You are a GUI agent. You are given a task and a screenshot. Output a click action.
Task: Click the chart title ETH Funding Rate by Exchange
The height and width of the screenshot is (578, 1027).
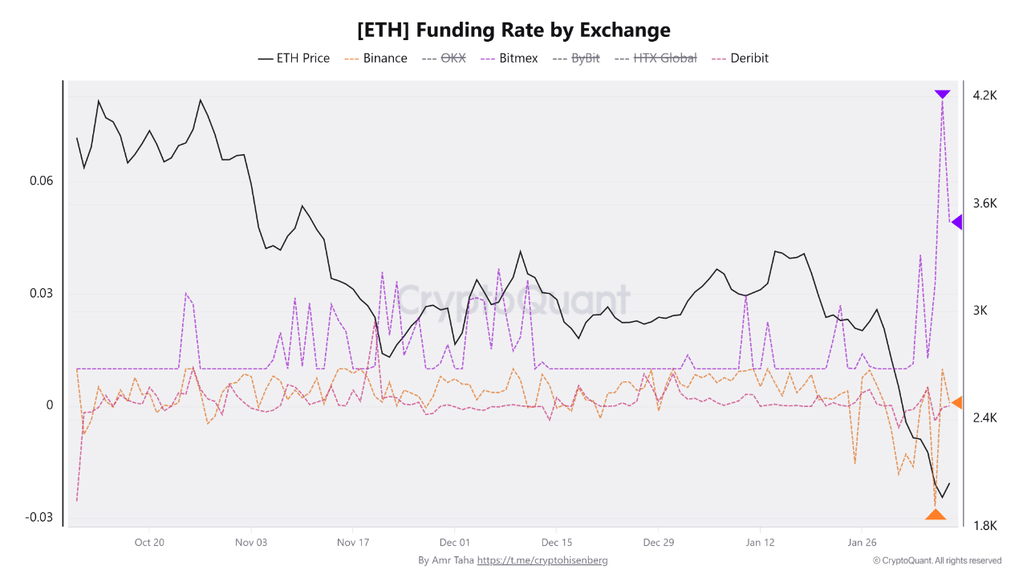[513, 31]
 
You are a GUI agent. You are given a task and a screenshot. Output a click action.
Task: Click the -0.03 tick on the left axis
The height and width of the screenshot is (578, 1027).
[39, 517]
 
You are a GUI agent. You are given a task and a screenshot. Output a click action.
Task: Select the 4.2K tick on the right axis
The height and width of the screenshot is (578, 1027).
[984, 95]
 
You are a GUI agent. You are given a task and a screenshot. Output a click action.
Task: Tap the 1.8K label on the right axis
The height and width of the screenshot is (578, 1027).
[984, 526]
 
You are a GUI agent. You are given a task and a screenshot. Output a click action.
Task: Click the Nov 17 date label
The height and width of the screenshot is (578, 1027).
[352, 542]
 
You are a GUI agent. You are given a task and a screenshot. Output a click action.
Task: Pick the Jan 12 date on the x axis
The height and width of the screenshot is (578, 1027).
[759, 542]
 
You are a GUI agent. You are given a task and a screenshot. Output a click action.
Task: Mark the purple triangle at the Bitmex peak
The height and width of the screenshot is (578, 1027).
[942, 95]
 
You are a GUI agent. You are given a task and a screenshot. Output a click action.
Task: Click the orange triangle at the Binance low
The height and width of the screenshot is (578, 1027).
[935, 515]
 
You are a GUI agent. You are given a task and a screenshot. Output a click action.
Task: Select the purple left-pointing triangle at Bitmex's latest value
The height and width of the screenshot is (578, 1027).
[956, 222]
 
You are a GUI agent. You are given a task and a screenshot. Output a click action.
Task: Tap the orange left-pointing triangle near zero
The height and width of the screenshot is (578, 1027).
[956, 402]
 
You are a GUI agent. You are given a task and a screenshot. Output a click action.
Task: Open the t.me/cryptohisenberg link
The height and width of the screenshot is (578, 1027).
[542, 560]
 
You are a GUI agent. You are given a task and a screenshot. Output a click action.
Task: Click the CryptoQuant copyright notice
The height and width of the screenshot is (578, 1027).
[936, 560]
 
